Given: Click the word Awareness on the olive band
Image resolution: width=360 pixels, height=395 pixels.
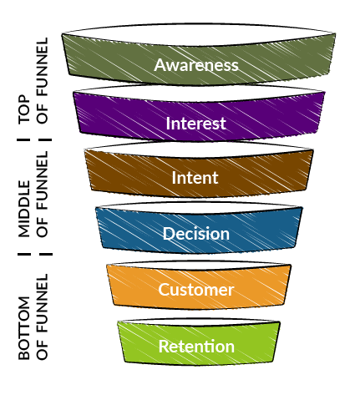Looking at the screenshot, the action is click(x=196, y=65).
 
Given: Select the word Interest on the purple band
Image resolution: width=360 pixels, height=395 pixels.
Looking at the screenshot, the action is click(x=195, y=123).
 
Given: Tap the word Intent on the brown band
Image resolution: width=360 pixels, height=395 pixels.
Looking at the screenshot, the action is click(x=195, y=178).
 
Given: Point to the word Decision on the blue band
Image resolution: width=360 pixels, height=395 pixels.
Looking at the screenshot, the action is click(x=196, y=233).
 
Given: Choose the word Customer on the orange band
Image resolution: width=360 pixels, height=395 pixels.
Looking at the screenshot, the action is click(x=196, y=290).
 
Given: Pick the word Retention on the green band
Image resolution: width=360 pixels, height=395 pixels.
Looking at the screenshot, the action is click(x=196, y=347).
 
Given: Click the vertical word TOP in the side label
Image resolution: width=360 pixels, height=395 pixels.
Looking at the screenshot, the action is click(x=24, y=109).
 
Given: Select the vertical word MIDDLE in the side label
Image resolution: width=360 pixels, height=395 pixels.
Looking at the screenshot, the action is click(x=24, y=209).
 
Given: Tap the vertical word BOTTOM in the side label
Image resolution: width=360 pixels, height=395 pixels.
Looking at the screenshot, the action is click(x=24, y=328).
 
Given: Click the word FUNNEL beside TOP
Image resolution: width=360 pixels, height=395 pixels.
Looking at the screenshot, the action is click(x=43, y=67).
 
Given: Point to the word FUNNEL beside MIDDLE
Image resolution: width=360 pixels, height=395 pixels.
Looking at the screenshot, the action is click(x=43, y=180).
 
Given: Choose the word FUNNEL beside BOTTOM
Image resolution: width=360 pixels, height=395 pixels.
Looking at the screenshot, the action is click(x=43, y=303).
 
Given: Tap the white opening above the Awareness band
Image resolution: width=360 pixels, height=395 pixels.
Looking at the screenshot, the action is click(x=199, y=34).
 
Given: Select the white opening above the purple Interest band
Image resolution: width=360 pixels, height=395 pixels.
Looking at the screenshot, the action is click(x=199, y=93).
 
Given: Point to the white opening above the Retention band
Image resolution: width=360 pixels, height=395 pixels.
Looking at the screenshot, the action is click(x=199, y=322).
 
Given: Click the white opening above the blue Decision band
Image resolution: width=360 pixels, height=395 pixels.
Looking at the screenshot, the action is click(x=199, y=208).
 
